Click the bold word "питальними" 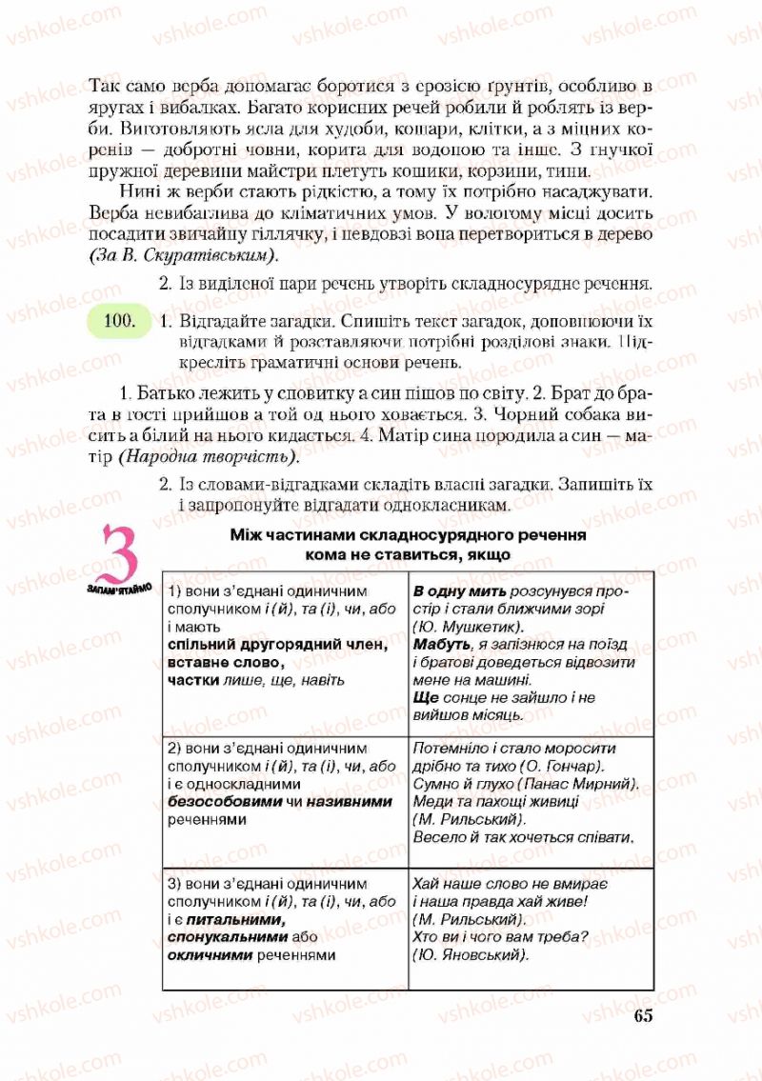tap(236, 919)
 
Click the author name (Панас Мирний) tap(582, 784)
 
